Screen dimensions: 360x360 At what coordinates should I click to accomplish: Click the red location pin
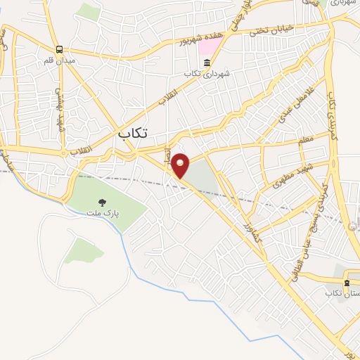[x=181, y=165]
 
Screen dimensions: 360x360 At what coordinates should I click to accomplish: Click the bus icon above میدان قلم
[x=60, y=49]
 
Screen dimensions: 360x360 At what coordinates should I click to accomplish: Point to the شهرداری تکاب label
[x=207, y=74]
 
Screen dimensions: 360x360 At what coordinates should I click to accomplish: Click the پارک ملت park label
[x=103, y=212]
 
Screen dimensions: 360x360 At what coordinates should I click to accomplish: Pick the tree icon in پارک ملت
[x=103, y=202]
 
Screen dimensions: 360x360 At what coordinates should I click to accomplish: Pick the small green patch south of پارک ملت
[x=84, y=250]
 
